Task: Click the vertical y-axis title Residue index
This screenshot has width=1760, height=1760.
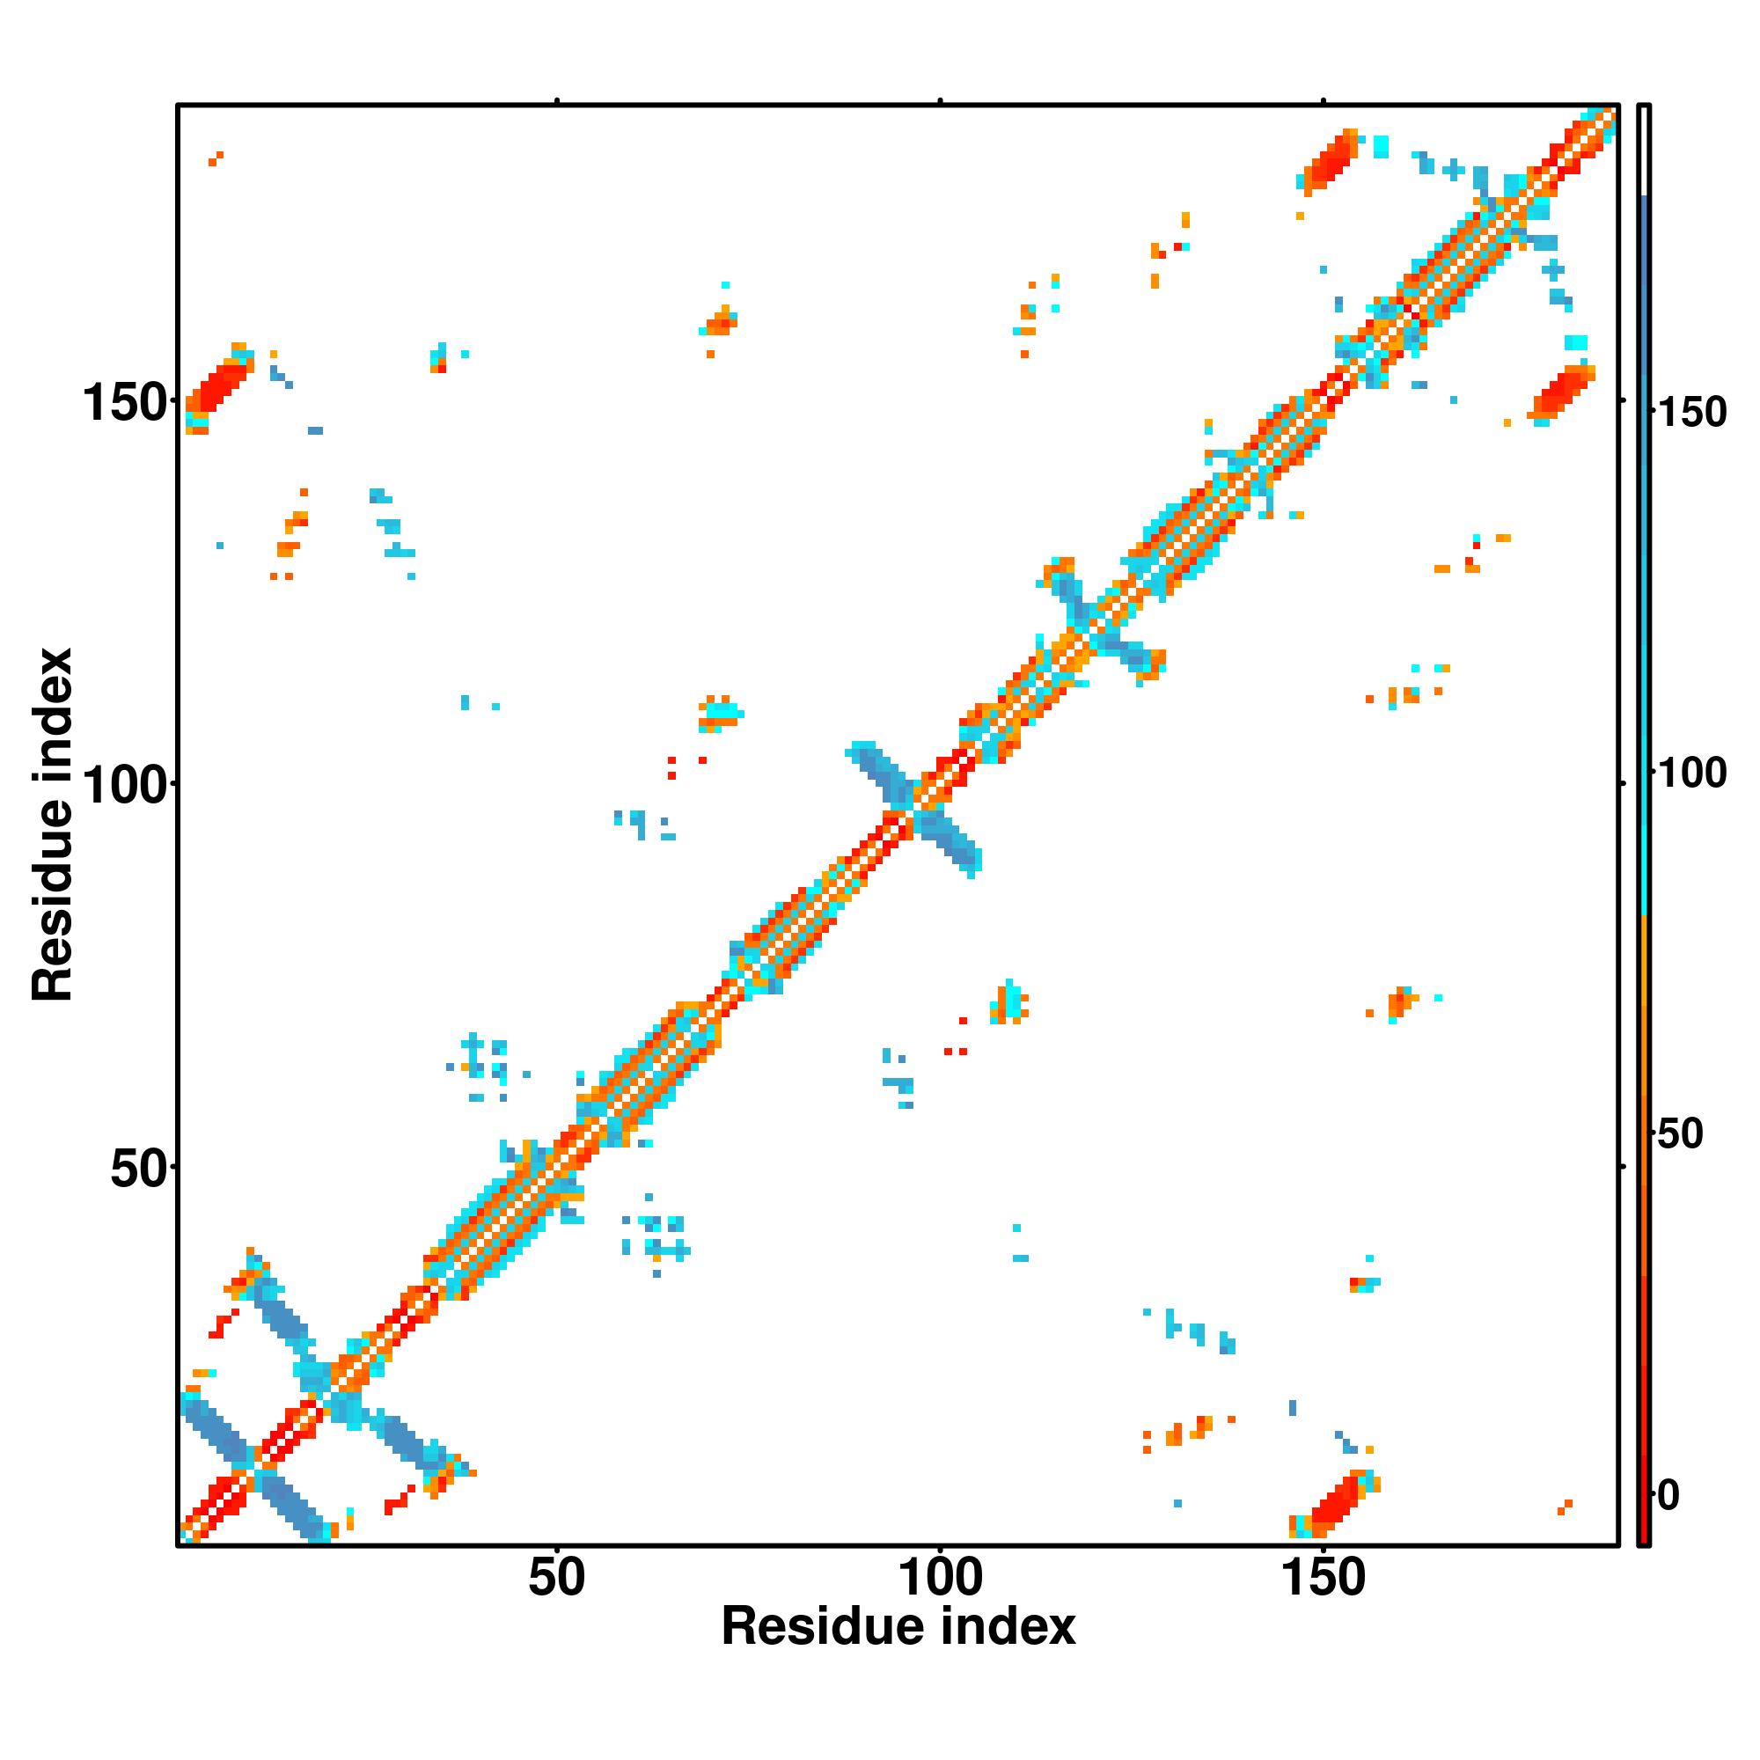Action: click(x=52, y=825)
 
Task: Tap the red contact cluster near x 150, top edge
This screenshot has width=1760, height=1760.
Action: click(x=1329, y=162)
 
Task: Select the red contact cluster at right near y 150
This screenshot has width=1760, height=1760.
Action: click(x=1561, y=392)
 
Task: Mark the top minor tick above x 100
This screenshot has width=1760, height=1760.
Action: click(x=940, y=102)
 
